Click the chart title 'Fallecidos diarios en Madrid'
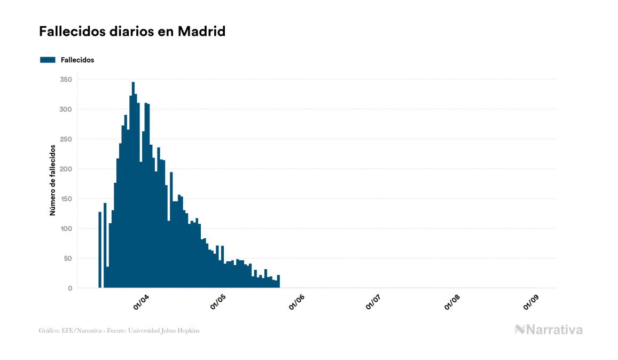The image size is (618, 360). point(132,32)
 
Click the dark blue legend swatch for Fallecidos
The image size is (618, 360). point(48,60)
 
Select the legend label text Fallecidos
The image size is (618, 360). point(77,60)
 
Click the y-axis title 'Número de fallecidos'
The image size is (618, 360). point(52,179)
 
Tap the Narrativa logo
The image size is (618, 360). point(549,330)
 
